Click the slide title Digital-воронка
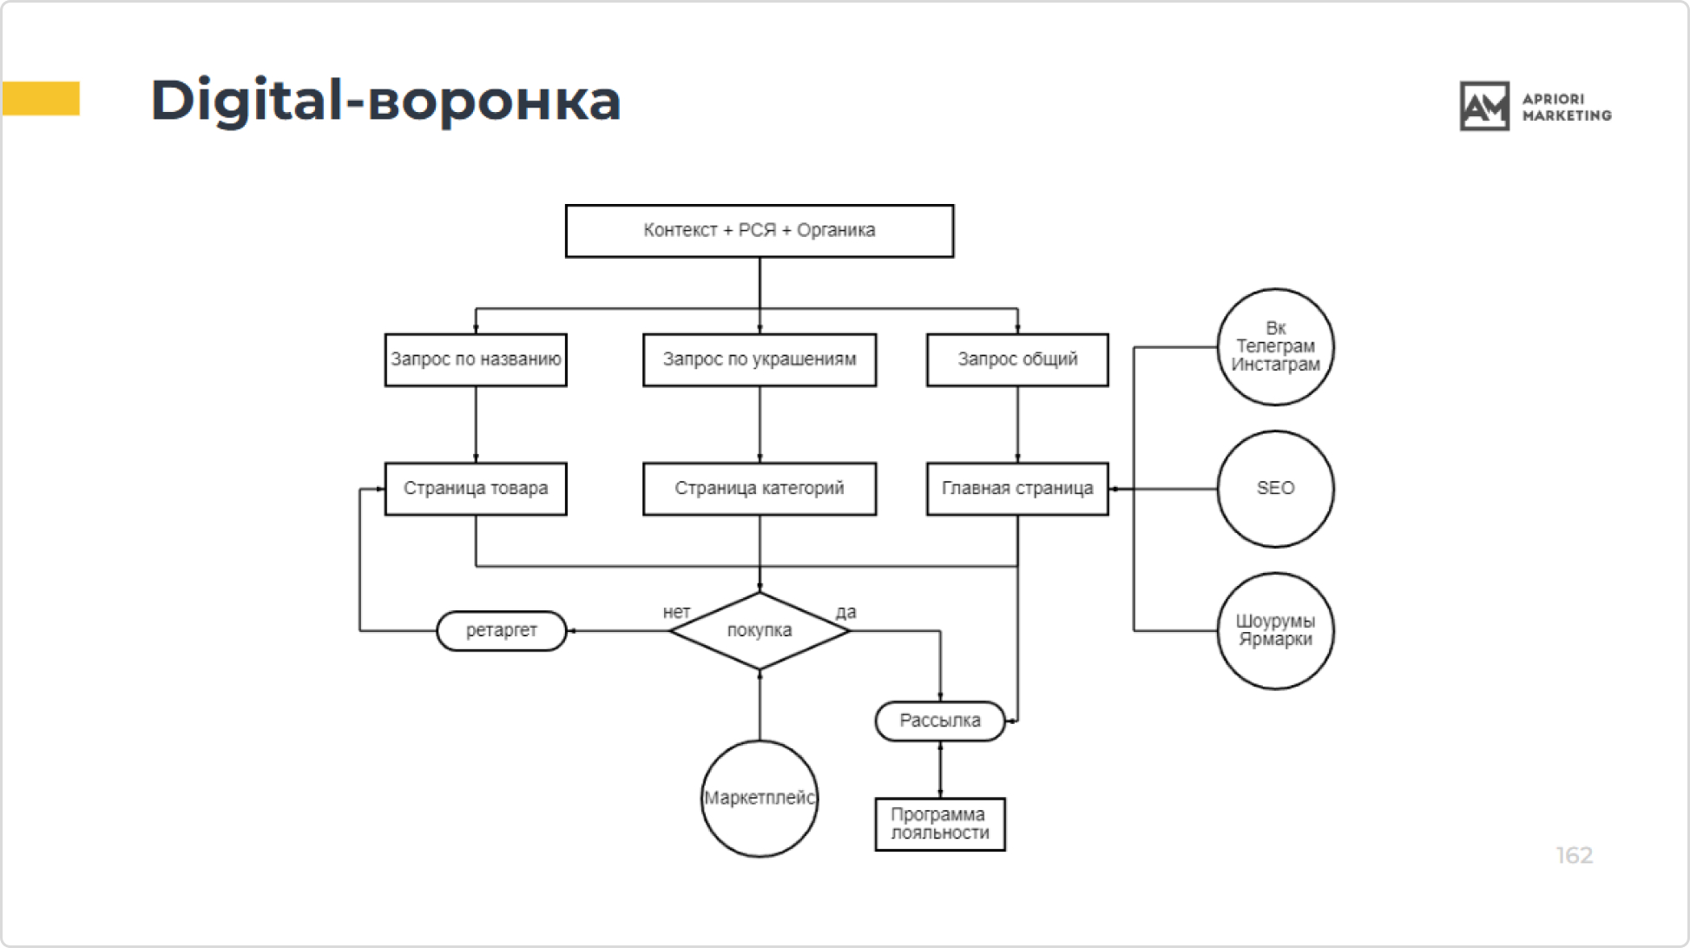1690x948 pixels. pos(385,101)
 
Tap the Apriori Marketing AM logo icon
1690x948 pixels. pos(1484,106)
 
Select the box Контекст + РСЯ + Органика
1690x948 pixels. pos(760,231)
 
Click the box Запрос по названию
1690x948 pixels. pos(476,359)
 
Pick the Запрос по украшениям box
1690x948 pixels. pos(760,359)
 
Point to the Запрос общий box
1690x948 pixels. pos(1017,359)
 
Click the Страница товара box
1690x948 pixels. pos(476,489)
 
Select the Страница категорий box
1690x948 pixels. pos(760,489)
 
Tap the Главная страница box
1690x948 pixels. pos(1017,489)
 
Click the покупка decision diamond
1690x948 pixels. pos(760,631)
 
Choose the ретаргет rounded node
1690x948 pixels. pos(502,631)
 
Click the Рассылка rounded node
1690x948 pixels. pos(940,721)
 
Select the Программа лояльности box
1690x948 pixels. pos(940,824)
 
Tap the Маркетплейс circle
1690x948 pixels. pos(760,799)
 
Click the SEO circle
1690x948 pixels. pos(1275,489)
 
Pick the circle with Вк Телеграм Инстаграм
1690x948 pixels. pos(1275,347)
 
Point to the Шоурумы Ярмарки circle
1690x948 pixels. pos(1275,631)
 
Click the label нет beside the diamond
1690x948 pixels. pos(676,612)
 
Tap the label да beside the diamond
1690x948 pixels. pos(845,612)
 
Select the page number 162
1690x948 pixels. pos(1574,856)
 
